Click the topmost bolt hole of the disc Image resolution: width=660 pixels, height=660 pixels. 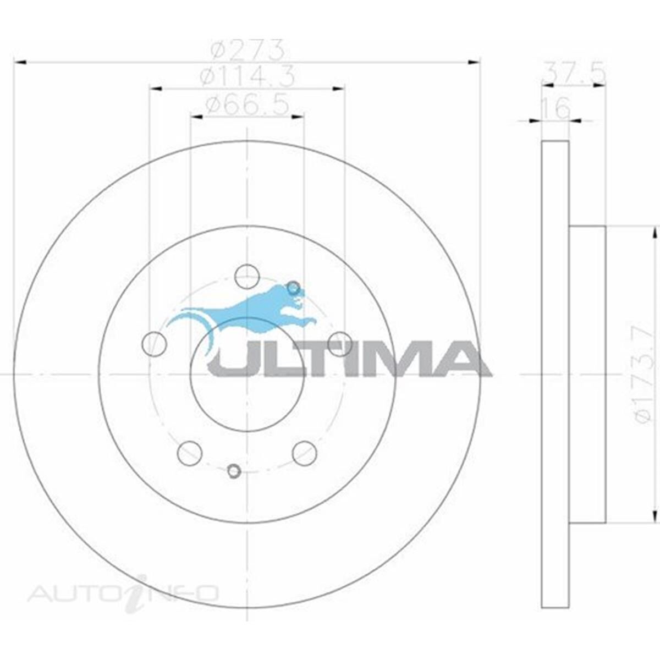247,276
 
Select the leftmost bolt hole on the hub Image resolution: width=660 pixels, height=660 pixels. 154,344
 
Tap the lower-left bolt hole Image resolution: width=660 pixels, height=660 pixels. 190,453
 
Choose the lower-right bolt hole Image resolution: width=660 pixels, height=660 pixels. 304,453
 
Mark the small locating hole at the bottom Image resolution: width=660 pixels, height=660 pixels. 234,471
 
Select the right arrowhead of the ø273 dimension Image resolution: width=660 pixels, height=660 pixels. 474,63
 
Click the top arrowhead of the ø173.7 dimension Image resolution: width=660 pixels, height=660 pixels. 653,234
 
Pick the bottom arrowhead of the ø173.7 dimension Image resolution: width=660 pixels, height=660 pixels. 653,516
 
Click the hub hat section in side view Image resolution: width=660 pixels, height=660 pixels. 587,374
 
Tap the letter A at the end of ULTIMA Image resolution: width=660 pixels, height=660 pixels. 458,358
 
